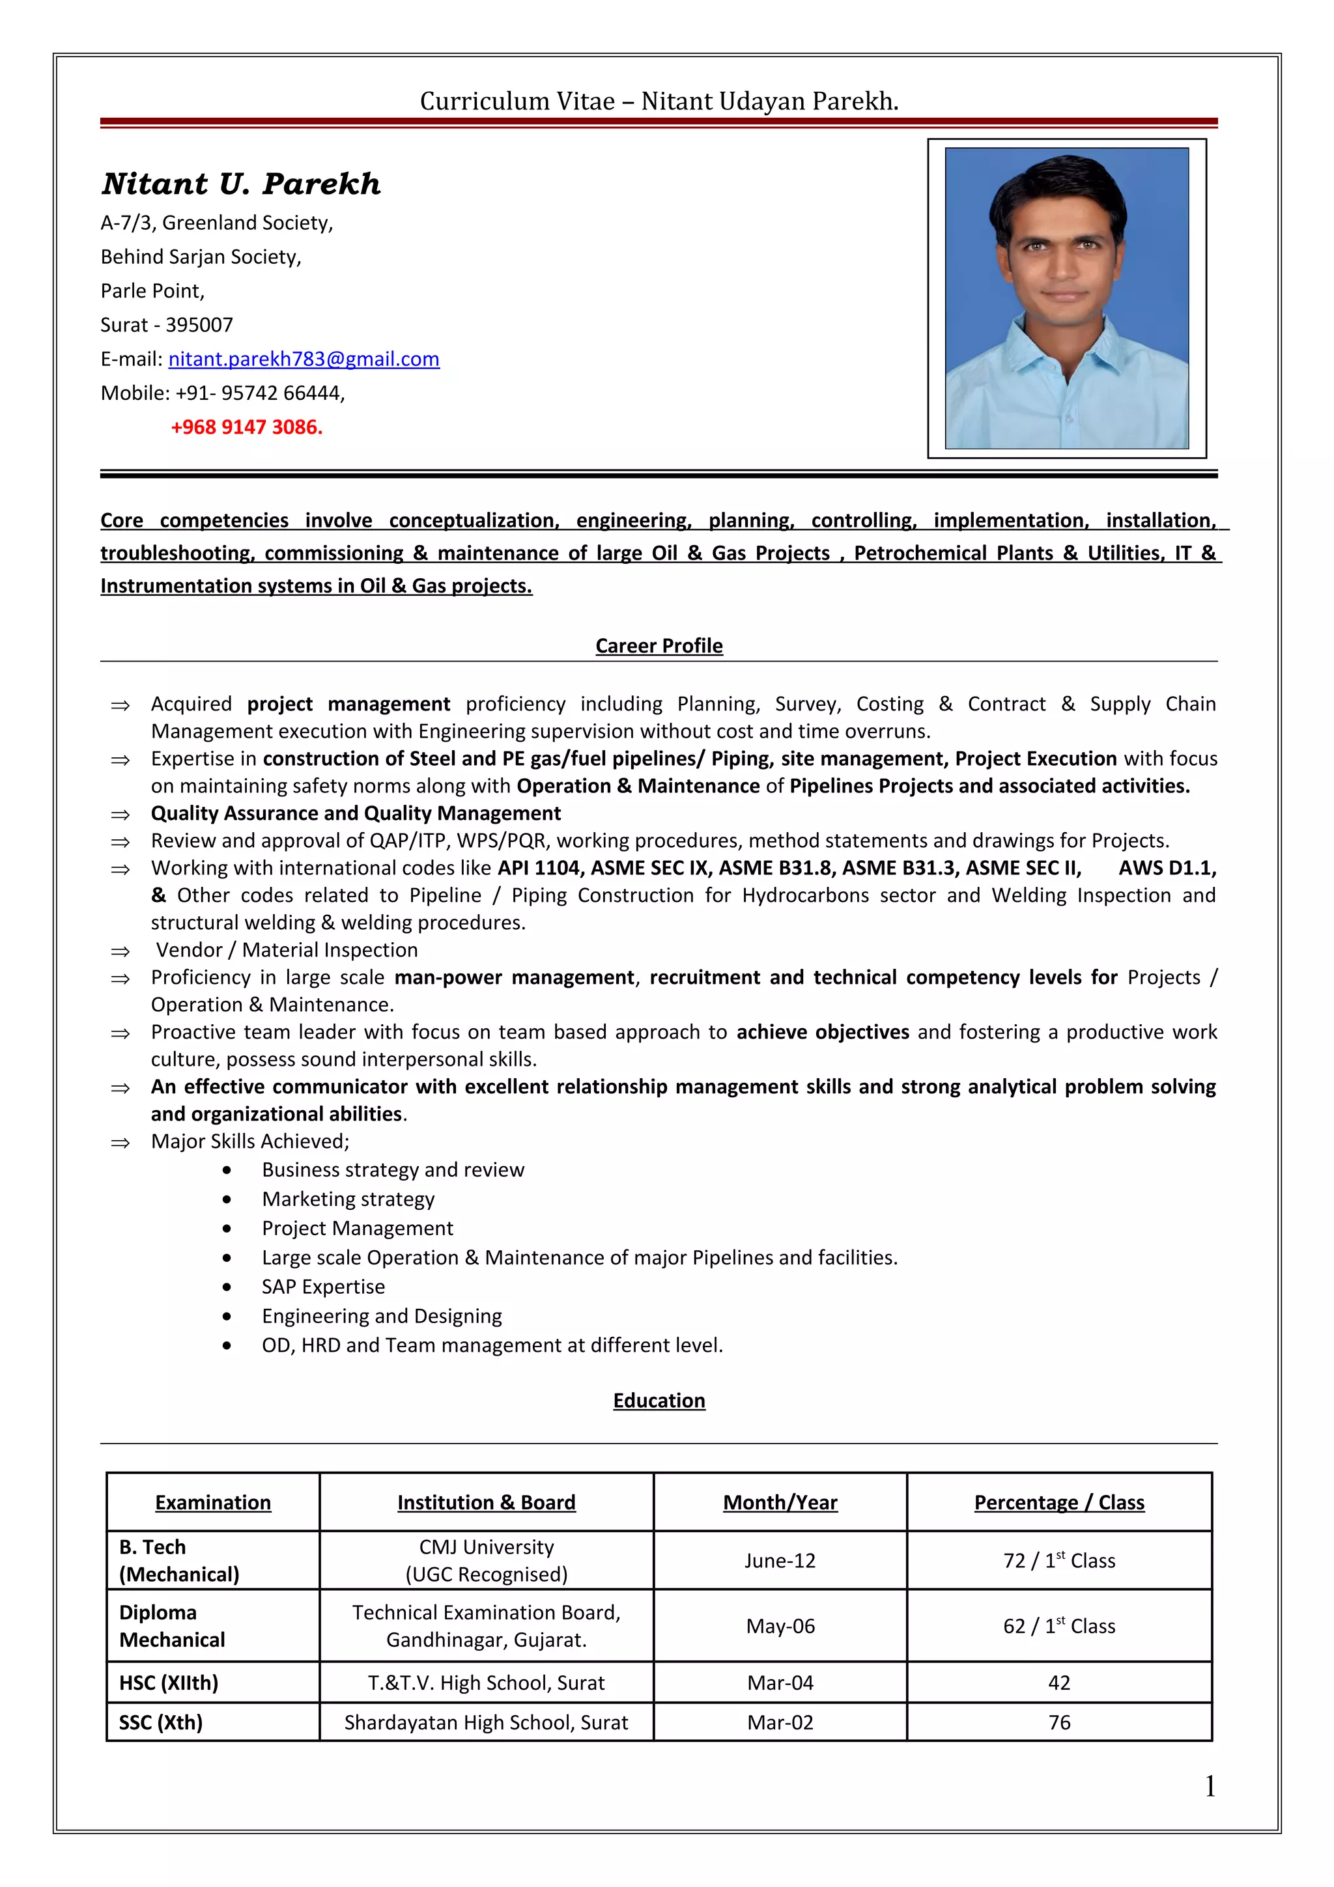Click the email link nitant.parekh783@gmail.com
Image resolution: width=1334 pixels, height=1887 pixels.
(304, 359)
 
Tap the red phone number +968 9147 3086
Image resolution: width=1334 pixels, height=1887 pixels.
(247, 427)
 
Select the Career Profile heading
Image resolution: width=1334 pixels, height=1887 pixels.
(659, 646)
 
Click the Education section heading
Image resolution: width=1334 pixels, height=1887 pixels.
(659, 1401)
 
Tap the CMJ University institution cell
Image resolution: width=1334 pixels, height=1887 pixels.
(486, 1560)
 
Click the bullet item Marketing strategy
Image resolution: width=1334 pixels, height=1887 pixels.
(348, 1199)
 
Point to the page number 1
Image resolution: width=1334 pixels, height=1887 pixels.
(1209, 1786)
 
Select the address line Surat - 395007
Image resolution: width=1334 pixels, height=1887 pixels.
(167, 326)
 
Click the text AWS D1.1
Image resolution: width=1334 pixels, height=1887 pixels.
(1167, 869)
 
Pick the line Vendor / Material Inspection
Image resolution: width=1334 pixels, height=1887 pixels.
(286, 950)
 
